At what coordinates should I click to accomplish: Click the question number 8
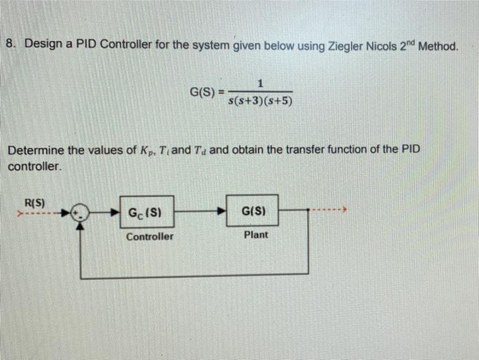(10, 44)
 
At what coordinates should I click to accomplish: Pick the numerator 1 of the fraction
(261, 83)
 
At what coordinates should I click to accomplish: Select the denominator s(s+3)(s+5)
(261, 103)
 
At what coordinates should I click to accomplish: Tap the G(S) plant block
(253, 211)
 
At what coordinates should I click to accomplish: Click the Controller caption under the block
(149, 236)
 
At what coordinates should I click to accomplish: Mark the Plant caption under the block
(256, 235)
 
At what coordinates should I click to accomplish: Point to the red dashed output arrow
(328, 210)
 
